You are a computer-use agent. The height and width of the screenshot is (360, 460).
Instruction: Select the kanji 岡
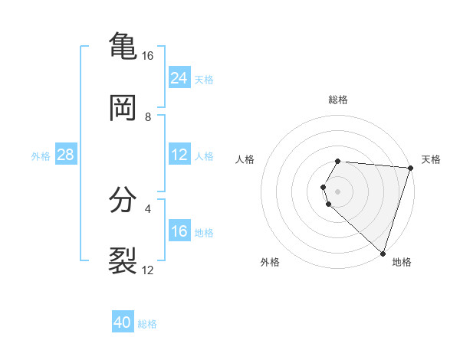click(x=123, y=109)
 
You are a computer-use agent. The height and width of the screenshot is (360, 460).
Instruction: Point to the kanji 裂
click(x=123, y=260)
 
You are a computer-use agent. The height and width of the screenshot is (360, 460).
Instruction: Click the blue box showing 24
click(x=179, y=78)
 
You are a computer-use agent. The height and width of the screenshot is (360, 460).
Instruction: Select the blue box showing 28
click(x=65, y=155)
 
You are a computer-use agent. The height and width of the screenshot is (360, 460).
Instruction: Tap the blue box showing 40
click(x=123, y=322)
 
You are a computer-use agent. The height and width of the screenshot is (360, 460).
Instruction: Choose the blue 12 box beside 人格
click(x=179, y=155)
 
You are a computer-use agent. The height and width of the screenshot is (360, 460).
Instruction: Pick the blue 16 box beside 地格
click(x=179, y=231)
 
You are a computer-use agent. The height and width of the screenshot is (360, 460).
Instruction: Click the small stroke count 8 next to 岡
click(x=148, y=117)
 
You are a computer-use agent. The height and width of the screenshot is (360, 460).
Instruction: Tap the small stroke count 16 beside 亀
click(x=148, y=56)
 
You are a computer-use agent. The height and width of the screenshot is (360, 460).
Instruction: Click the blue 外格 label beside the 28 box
click(x=41, y=155)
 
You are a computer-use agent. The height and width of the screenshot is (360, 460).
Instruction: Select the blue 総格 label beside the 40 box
click(x=147, y=324)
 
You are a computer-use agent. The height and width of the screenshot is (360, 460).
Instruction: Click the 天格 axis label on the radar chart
click(x=431, y=159)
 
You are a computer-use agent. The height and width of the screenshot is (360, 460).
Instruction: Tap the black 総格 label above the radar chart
click(x=338, y=100)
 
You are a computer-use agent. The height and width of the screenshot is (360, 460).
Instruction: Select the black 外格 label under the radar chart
click(x=270, y=262)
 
